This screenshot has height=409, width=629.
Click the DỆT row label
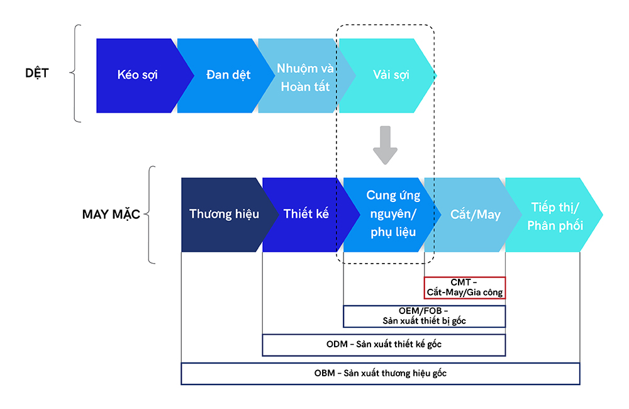tap(37, 73)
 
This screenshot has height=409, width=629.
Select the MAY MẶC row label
tap(111, 214)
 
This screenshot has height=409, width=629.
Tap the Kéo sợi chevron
tap(137, 75)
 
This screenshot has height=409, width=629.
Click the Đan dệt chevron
tap(228, 75)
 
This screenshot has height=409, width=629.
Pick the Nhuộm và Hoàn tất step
tap(304, 77)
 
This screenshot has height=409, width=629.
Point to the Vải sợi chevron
tap(391, 76)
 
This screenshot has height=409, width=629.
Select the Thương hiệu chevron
tap(224, 214)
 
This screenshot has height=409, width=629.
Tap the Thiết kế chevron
tap(306, 214)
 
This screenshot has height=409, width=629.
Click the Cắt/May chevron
tap(476, 215)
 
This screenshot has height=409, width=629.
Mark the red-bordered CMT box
tap(465, 288)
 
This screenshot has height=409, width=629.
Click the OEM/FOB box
tap(424, 316)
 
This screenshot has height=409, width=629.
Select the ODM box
tap(384, 345)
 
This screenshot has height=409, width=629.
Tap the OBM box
tap(380, 373)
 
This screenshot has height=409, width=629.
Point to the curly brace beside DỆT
tap(77, 73)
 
